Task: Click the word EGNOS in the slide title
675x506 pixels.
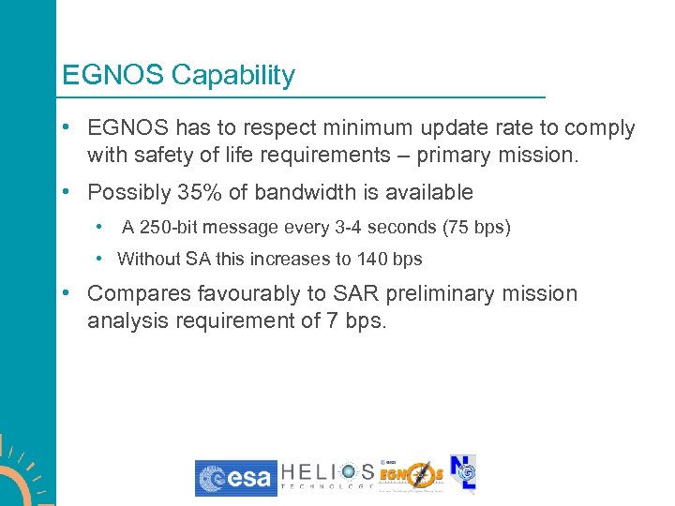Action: click(x=112, y=75)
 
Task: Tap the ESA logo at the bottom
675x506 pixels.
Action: click(x=235, y=478)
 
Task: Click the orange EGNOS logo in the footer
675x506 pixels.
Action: click(x=412, y=476)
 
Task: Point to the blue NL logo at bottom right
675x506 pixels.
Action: click(x=463, y=473)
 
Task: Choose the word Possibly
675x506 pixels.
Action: click(x=127, y=192)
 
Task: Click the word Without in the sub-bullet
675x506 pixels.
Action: click(x=148, y=259)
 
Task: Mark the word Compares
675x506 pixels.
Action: click(x=139, y=293)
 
